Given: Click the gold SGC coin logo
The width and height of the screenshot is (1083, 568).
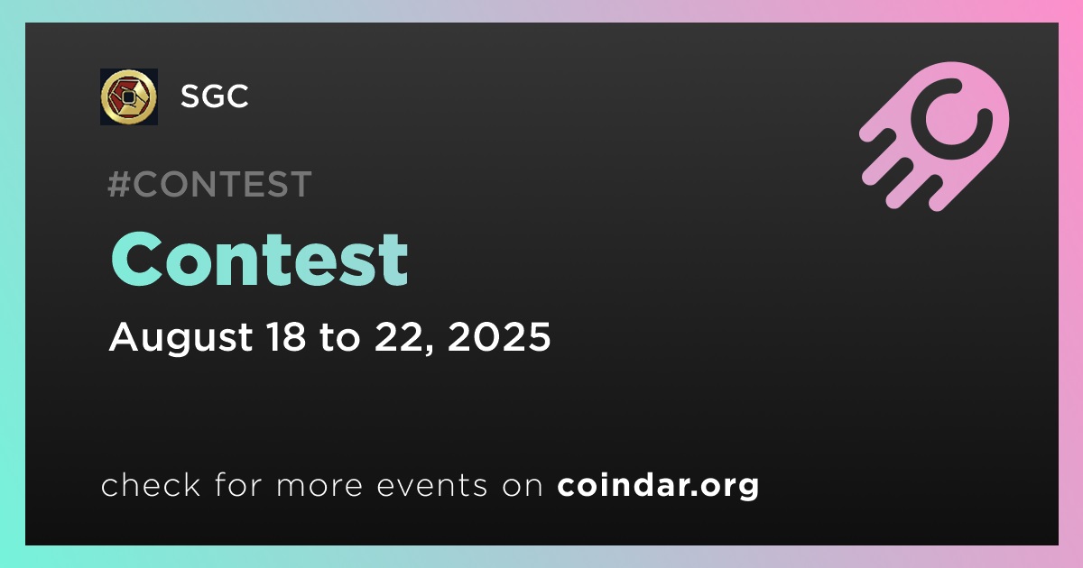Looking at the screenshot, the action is click(128, 96).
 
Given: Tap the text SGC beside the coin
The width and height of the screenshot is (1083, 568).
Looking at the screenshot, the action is click(215, 96).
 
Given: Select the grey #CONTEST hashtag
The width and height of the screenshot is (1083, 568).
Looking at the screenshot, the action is click(209, 184).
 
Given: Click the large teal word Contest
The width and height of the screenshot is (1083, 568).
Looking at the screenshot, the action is click(260, 260).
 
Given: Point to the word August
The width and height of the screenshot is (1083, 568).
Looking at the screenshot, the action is click(180, 337).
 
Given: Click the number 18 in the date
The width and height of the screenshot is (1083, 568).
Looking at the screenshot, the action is click(286, 336).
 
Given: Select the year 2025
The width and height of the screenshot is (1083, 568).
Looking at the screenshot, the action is click(499, 336).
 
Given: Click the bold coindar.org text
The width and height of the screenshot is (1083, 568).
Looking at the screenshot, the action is click(658, 486).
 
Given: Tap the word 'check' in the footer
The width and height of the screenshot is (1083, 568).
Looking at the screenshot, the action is click(151, 484).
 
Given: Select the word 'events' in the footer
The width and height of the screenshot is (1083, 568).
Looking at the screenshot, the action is click(432, 486).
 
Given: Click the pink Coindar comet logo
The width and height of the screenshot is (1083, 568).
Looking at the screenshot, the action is click(935, 136).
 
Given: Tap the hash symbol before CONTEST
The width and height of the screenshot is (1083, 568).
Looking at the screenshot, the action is click(118, 184).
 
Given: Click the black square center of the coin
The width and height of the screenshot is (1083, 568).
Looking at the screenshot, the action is click(128, 97).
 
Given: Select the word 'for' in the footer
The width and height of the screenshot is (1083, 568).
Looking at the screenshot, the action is click(239, 484).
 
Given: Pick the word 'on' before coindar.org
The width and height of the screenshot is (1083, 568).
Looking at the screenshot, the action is click(523, 487).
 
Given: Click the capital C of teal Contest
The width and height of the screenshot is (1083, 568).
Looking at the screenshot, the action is click(136, 260).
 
